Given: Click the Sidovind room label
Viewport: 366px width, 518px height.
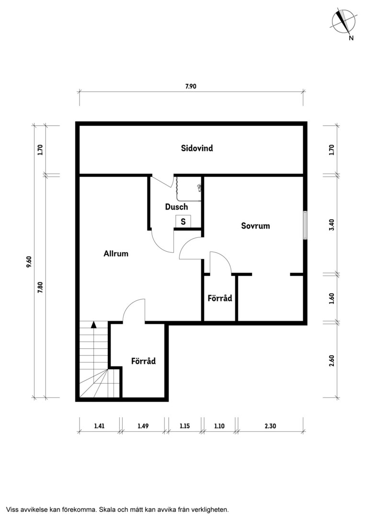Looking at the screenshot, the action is [197, 148].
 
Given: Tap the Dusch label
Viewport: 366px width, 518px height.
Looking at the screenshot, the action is [177, 207].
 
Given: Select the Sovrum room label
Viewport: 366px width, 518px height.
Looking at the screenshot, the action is [255, 225].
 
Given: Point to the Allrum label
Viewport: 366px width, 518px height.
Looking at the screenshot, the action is [116, 253].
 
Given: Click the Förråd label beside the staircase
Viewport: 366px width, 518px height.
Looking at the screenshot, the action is [143, 361].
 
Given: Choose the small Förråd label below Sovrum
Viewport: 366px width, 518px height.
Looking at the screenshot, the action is [220, 298].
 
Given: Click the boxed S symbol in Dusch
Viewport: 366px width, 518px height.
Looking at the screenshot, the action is [183, 221].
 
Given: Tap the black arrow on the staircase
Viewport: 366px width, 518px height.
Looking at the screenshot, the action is [94, 324].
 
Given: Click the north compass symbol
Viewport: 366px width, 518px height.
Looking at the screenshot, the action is [344, 22].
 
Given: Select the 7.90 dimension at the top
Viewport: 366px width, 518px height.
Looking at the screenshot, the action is [191, 86].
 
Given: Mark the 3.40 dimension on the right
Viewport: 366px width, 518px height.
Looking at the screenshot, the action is [332, 224].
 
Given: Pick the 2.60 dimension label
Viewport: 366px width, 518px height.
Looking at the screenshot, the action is [332, 360].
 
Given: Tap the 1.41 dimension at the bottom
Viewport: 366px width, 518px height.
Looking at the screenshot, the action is [99, 426].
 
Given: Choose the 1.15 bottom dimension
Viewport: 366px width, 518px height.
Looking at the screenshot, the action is [185, 426].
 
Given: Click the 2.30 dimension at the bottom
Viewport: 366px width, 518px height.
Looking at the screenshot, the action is [270, 426].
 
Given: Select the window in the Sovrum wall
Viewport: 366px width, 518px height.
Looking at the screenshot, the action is [305, 225].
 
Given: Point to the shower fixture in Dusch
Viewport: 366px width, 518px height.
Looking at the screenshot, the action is [188, 189].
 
